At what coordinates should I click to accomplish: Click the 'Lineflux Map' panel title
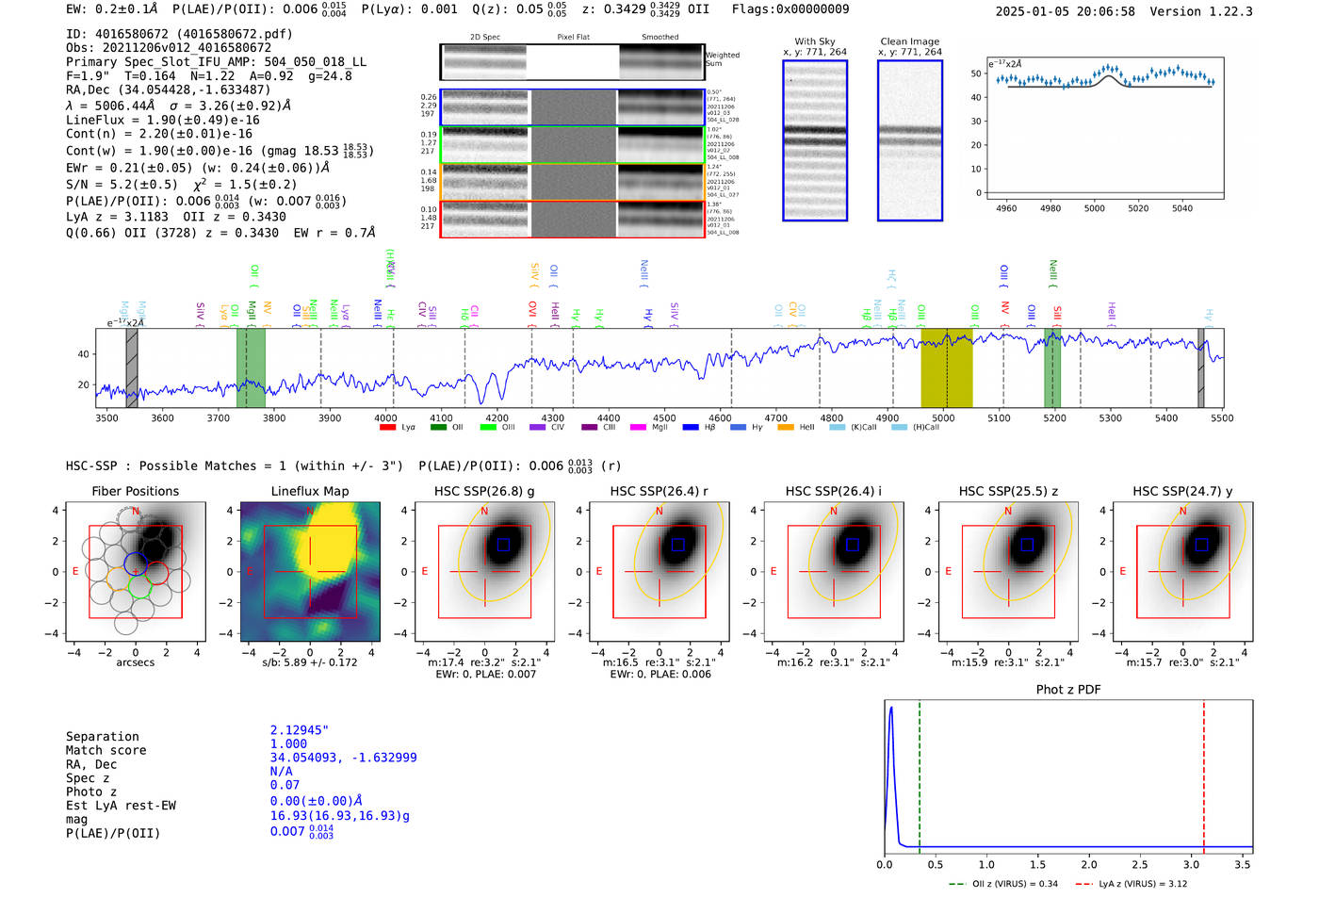[x=310, y=491]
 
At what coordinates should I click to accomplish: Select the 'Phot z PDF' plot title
[x=1068, y=689]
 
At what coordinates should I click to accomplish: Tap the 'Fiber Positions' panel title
[x=135, y=491]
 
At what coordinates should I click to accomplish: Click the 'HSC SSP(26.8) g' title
[x=484, y=491]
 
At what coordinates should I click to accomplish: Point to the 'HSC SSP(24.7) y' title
[x=1182, y=491]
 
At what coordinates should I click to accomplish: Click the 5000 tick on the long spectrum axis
[x=943, y=417]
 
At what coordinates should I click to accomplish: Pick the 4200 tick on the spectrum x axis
[x=497, y=417]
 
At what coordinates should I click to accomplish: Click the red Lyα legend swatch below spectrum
[x=387, y=428]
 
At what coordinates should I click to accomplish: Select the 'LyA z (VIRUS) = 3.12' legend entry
[x=1130, y=884]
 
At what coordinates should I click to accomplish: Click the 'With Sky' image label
[x=815, y=41]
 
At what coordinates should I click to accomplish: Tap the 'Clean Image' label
[x=909, y=41]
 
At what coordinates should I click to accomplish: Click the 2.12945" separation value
[x=300, y=730]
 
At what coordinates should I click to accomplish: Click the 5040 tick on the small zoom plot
[x=1181, y=208]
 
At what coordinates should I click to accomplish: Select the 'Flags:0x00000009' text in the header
[x=790, y=9]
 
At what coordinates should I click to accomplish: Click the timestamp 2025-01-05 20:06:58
[x=1065, y=11]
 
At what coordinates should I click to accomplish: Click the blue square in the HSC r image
[x=678, y=545]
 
